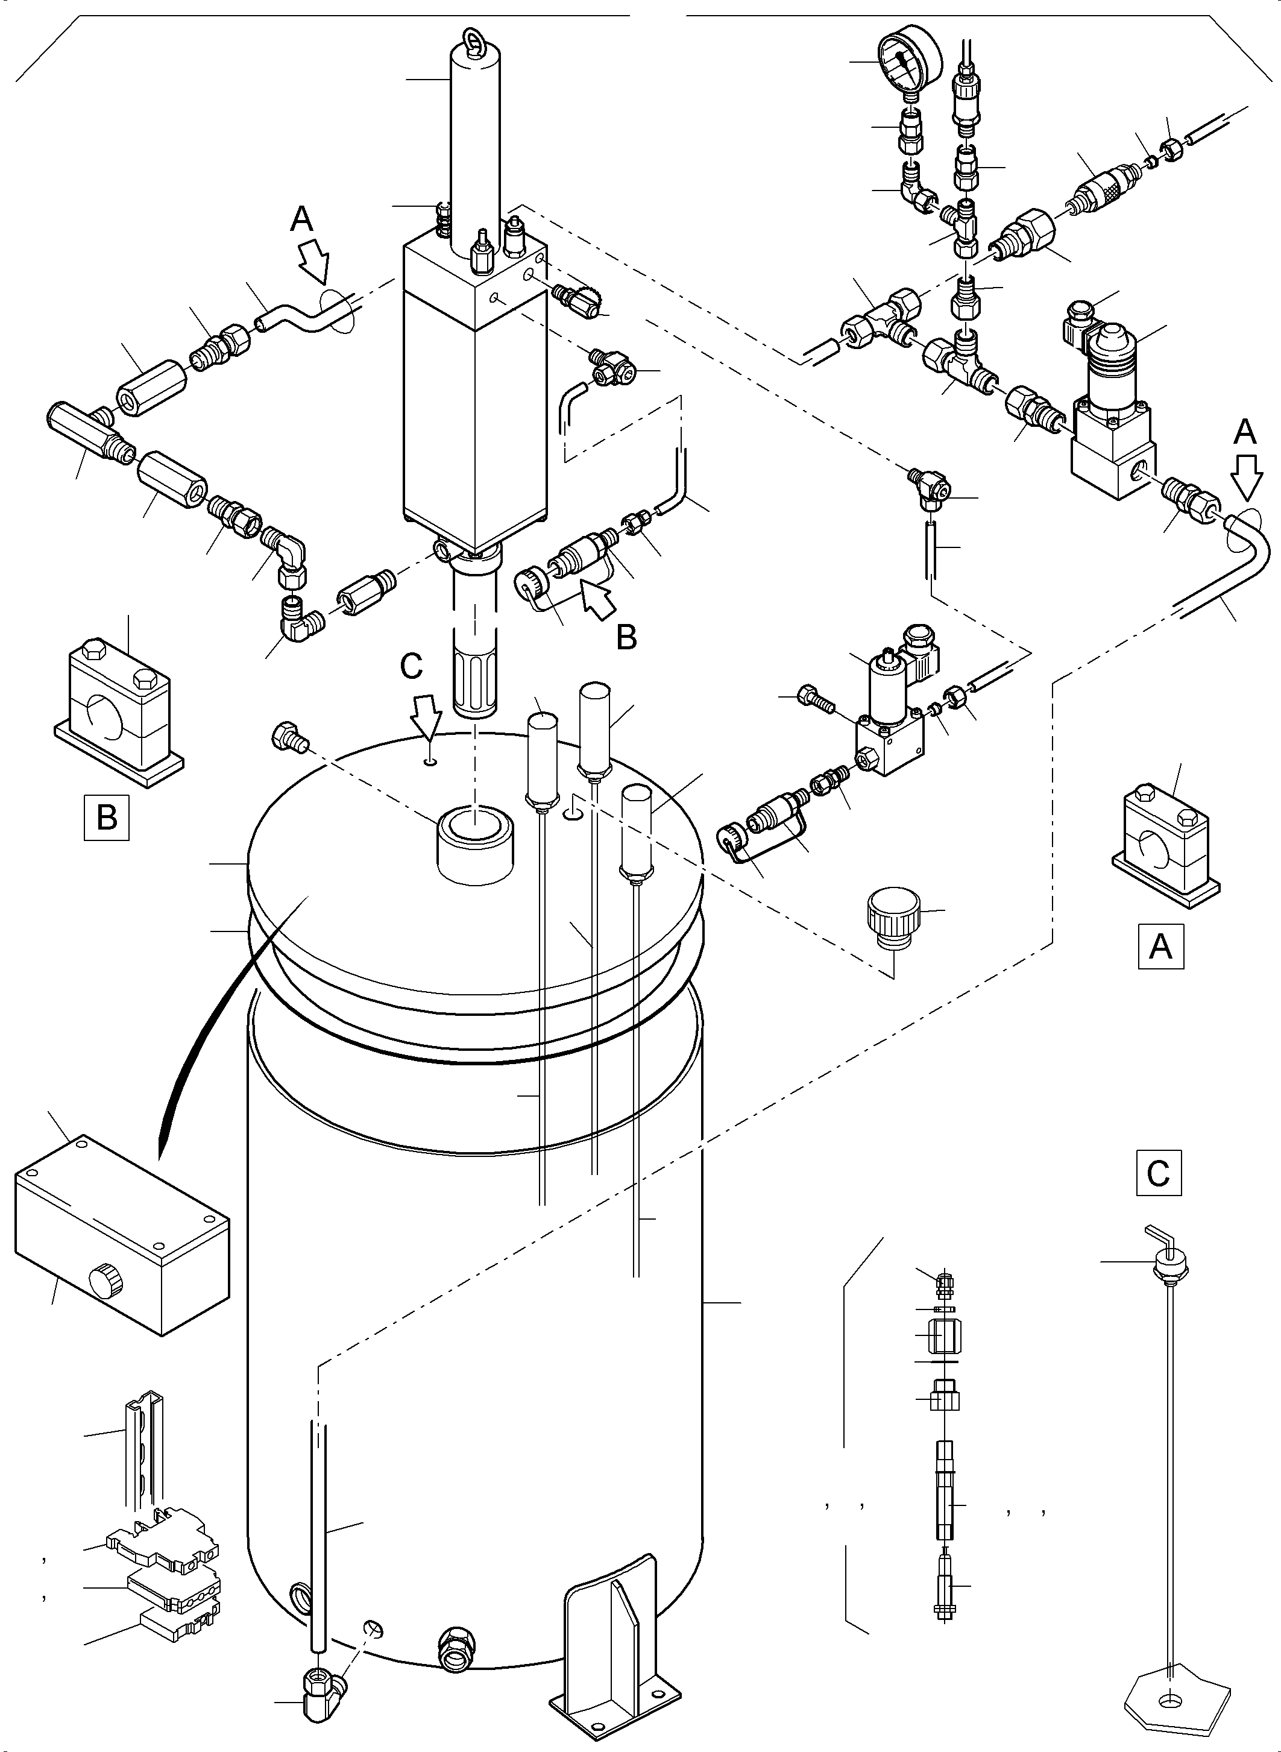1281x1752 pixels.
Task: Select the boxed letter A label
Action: tap(1160, 946)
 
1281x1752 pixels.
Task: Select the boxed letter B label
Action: tap(106, 818)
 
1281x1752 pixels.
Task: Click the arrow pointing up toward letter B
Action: tap(599, 599)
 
